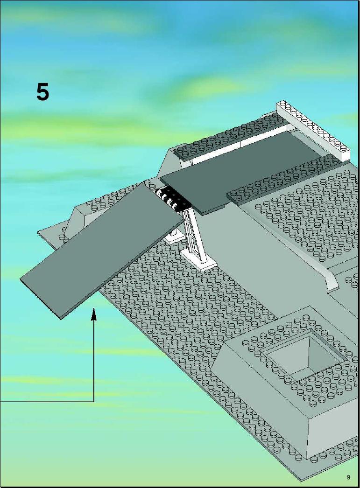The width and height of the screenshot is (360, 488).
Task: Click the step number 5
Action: pyautogui.click(x=42, y=92)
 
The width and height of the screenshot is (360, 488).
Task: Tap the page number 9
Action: pyautogui.click(x=348, y=477)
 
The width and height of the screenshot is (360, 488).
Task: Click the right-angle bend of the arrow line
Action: pyautogui.click(x=94, y=402)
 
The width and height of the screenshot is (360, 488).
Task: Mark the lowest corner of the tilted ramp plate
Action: pyautogui.click(x=61, y=319)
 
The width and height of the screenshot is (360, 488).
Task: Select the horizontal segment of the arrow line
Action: pyautogui.click(x=47, y=402)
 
